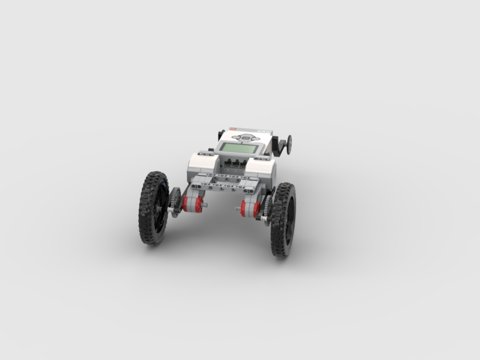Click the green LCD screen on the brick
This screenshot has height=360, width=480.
pos(239,148)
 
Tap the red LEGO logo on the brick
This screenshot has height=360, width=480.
pos(233,129)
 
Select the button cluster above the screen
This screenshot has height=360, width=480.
pos(246,137)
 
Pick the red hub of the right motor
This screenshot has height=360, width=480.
pos(243,208)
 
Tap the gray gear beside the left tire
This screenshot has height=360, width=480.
pos(175,202)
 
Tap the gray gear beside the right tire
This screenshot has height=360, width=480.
pos(267,207)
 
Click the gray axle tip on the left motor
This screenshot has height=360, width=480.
pos(205,205)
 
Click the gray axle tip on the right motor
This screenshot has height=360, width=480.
pos(237,208)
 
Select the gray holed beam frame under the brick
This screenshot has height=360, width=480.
pos(225,182)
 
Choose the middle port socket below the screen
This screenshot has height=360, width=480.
pos(235,163)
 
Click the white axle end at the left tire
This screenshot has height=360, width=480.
pos(169,209)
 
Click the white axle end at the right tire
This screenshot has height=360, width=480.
pos(264,218)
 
